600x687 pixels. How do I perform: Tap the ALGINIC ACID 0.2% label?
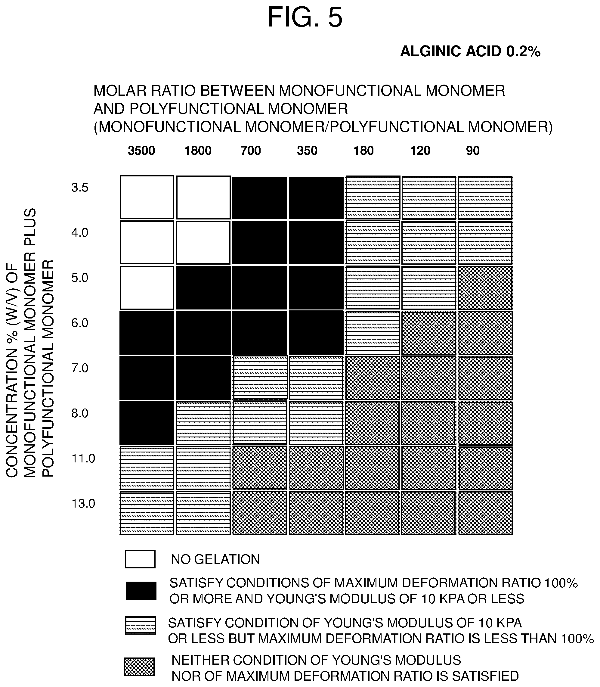(470, 51)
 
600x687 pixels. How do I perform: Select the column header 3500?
(141, 151)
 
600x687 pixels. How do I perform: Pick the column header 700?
(250, 151)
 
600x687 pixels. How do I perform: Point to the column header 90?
(473, 151)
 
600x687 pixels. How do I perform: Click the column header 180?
(363, 151)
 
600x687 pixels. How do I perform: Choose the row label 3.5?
(80, 188)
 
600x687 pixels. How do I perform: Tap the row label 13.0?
(83, 503)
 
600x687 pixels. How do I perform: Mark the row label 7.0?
(80, 368)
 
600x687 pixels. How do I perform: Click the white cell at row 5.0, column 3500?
(147, 288)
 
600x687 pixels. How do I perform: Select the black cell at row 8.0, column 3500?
(147, 423)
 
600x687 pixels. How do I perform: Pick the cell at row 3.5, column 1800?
(203, 197)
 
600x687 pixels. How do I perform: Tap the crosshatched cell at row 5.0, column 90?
(485, 288)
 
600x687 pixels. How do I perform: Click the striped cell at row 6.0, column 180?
(372, 333)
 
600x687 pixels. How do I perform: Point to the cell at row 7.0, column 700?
(260, 378)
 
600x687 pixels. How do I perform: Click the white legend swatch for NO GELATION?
(140, 559)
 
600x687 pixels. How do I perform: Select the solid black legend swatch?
(141, 591)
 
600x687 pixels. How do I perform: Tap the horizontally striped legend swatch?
(140, 625)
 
